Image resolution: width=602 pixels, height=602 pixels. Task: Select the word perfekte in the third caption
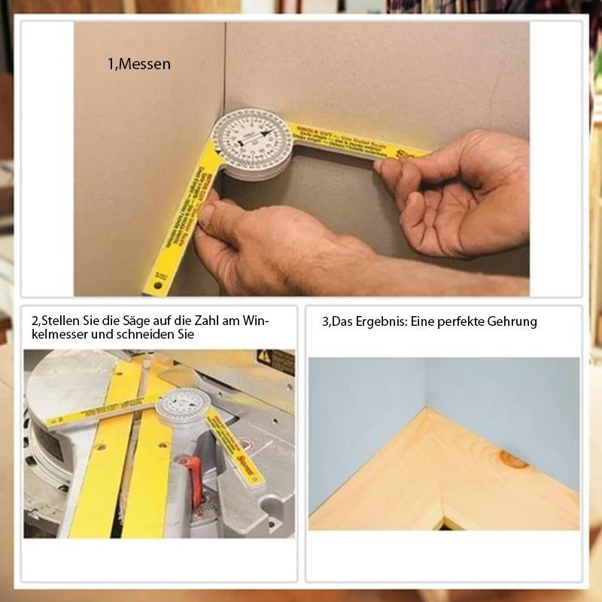tap(462, 321)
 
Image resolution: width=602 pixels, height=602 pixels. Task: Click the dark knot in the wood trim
tap(514, 458)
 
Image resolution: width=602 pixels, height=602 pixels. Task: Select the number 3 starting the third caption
tap(325, 321)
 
